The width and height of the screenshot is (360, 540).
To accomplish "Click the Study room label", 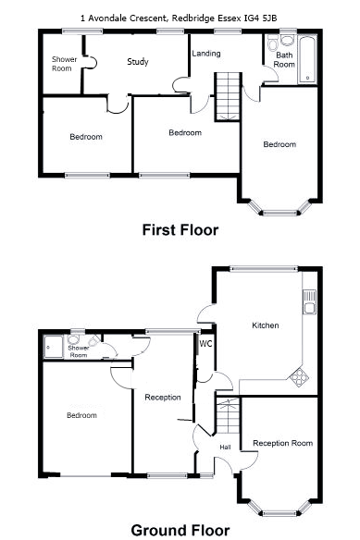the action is pyautogui.click(x=138, y=62).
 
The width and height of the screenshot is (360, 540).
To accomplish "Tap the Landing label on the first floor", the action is pyautogui.click(x=206, y=54).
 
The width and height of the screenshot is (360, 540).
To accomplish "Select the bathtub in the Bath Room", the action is pyautogui.click(x=307, y=59).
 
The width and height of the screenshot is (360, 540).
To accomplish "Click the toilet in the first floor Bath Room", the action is pyautogui.click(x=273, y=44).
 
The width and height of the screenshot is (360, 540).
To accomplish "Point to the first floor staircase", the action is pyautogui.click(x=228, y=97).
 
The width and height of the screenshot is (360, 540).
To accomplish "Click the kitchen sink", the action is pyautogui.click(x=309, y=302).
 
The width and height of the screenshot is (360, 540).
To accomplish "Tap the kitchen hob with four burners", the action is pyautogui.click(x=299, y=376).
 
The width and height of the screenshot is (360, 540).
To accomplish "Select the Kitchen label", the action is pyautogui.click(x=266, y=325).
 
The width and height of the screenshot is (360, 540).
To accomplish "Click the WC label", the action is pyautogui.click(x=205, y=344).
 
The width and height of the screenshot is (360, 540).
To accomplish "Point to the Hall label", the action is pyautogui.click(x=225, y=447).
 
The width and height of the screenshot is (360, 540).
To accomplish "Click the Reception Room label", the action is pyautogui.click(x=283, y=443).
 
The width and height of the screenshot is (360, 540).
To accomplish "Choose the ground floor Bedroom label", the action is pyautogui.click(x=81, y=415).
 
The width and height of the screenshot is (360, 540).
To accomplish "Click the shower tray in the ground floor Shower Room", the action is pyautogui.click(x=54, y=347).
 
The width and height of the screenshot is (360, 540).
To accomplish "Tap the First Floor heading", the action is pyautogui.click(x=180, y=230).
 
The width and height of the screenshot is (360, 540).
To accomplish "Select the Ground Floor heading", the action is pyautogui.click(x=180, y=531).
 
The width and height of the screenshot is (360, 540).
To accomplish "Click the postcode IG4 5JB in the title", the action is pyautogui.click(x=260, y=18).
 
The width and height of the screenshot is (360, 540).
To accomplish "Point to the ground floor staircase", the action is pyautogui.click(x=228, y=416).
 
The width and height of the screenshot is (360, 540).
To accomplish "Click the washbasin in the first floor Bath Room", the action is pyautogui.click(x=287, y=40).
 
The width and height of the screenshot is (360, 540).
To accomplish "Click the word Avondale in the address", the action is pyautogui.click(x=107, y=18).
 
